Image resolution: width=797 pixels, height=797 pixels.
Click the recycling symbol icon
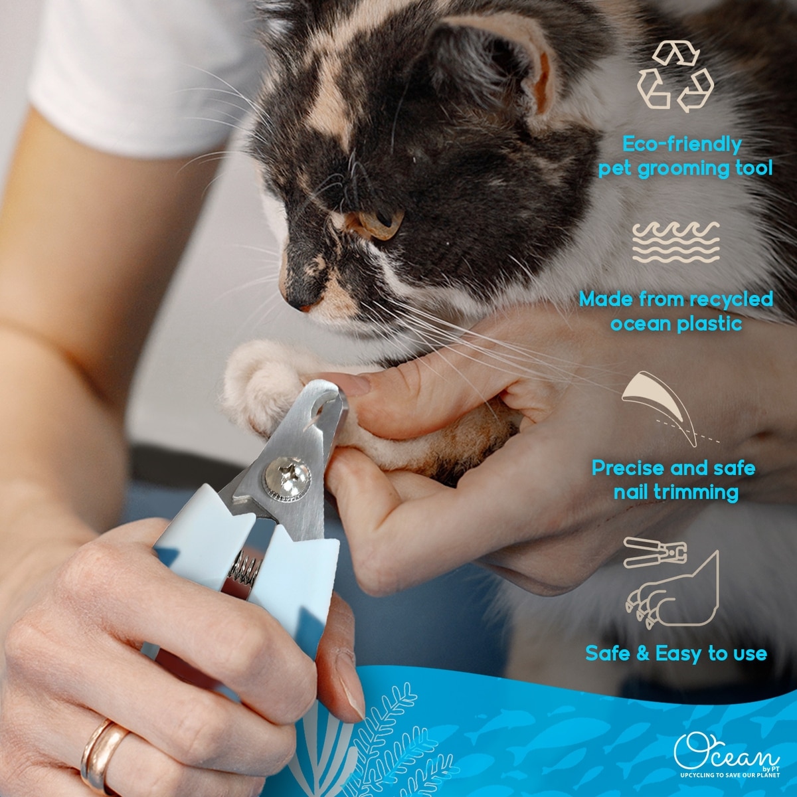pyautogui.click(x=675, y=77)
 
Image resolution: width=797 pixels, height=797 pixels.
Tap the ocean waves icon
pyautogui.click(x=676, y=243)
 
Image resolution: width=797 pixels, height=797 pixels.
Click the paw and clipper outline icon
pyautogui.click(x=671, y=584)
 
